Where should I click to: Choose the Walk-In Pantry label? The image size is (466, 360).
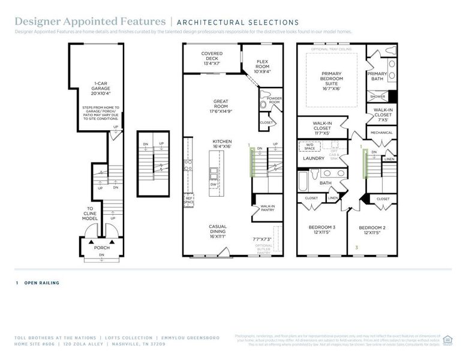tap(267, 208)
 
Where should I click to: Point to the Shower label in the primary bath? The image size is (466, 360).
tap(377, 96)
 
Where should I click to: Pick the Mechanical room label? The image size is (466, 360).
tap(381, 133)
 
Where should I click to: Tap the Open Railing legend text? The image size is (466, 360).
tap(41, 283)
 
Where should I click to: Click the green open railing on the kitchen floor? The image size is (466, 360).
tap(252, 162)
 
